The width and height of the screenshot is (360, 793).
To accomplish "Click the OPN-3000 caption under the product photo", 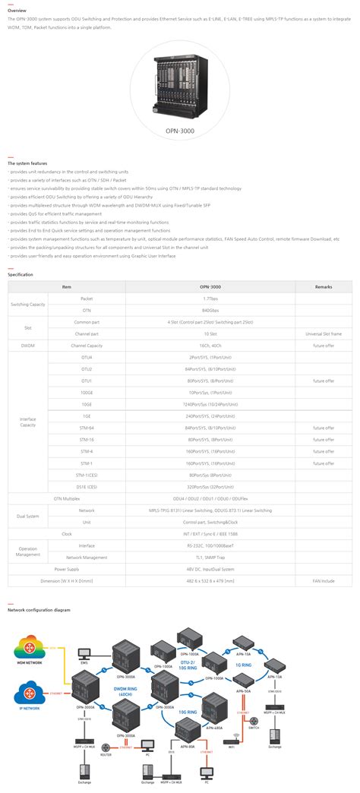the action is pyautogui.click(x=181, y=131).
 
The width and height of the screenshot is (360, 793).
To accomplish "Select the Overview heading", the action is pyautogui.click(x=17, y=11).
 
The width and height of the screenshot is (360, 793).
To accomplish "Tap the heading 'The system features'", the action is pyautogui.click(x=27, y=163).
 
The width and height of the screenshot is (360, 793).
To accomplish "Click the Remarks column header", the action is pyautogui.click(x=324, y=286).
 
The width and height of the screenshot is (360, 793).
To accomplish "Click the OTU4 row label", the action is pyautogui.click(x=87, y=357).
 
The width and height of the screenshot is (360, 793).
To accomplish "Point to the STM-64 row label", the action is pyautogui.click(x=87, y=428).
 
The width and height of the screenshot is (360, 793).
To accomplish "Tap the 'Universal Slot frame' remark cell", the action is pyautogui.click(x=324, y=333).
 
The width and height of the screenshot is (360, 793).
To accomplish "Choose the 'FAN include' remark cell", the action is pyautogui.click(x=324, y=580).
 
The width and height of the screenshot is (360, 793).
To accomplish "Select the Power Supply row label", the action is pyautogui.click(x=67, y=568).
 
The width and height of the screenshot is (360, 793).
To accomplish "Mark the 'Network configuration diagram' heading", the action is pyautogui.click(x=39, y=609).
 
